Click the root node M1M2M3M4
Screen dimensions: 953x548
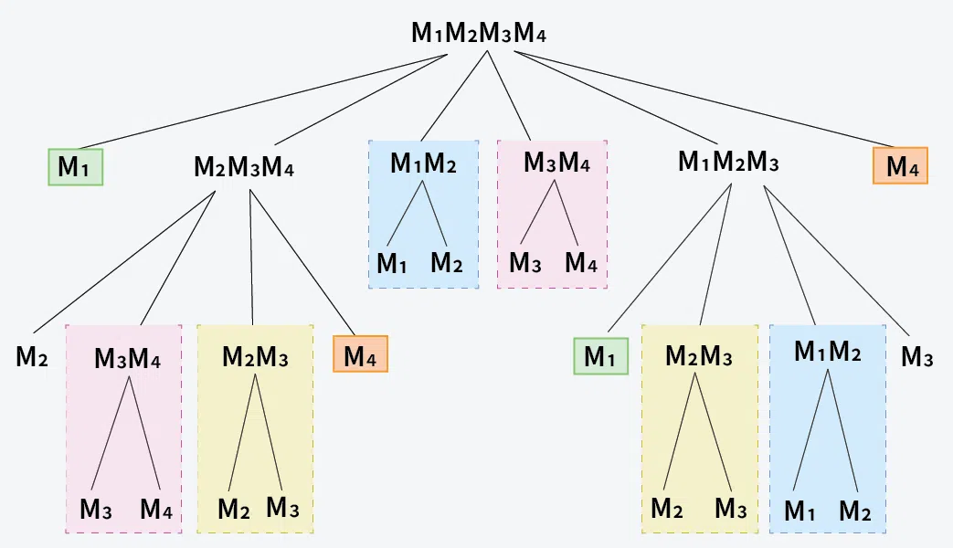click(479, 33)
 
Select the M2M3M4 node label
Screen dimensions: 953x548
click(244, 167)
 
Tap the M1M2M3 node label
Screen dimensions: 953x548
click(728, 163)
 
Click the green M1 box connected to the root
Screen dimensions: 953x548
click(75, 167)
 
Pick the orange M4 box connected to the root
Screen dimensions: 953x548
click(900, 165)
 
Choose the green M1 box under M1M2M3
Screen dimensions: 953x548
click(600, 356)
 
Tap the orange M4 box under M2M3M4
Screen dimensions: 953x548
click(360, 353)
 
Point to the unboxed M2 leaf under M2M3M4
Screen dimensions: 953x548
click(32, 357)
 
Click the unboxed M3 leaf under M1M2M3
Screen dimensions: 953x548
click(917, 357)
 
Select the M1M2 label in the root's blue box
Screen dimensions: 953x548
click(423, 163)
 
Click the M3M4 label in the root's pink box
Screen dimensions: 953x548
click(556, 163)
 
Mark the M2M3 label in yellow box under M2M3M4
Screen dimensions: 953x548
click(255, 356)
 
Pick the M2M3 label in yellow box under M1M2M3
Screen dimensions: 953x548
click(699, 356)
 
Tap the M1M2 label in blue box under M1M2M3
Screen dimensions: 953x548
click(828, 351)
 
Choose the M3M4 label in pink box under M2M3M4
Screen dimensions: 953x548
click(128, 358)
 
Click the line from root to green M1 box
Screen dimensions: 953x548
click(263, 101)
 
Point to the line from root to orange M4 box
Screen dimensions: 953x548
click(704, 99)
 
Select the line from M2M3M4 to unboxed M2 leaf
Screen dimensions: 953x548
click(124, 262)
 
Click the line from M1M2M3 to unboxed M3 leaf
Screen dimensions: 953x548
click(836, 261)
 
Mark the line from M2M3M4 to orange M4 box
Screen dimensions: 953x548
click(302, 262)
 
